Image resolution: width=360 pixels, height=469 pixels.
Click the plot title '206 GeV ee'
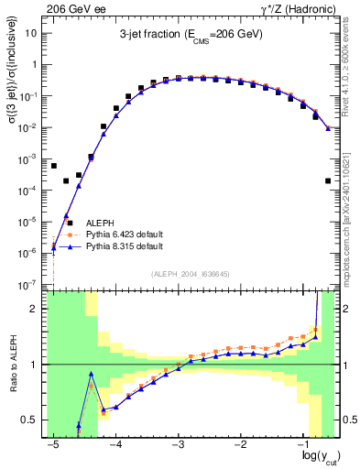(x=72, y=8)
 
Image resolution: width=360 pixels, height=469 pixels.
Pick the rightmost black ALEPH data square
(x=328, y=181)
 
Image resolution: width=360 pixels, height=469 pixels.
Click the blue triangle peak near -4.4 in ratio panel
(x=92, y=374)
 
